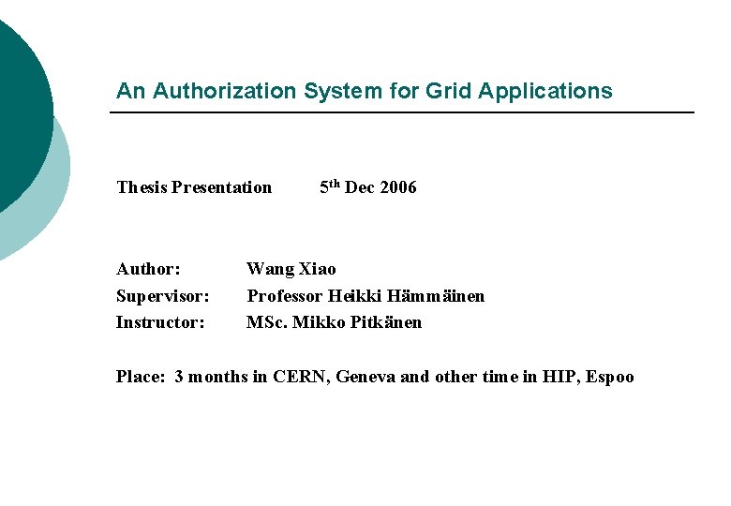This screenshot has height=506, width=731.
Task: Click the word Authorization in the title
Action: [x=224, y=91]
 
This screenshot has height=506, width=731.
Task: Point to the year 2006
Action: [x=398, y=187]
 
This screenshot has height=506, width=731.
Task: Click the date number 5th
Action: [x=330, y=186]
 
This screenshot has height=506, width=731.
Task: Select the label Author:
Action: [x=148, y=270]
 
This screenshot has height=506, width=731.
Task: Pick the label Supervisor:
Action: [x=162, y=296]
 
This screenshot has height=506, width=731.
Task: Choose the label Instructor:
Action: [x=160, y=322]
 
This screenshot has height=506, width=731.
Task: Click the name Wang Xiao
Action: [x=291, y=270]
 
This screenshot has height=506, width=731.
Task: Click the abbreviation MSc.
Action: [x=267, y=322]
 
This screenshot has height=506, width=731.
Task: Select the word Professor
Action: [x=285, y=296]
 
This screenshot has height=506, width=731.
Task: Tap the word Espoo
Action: [x=611, y=378]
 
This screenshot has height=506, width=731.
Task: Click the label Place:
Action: [x=141, y=378]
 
